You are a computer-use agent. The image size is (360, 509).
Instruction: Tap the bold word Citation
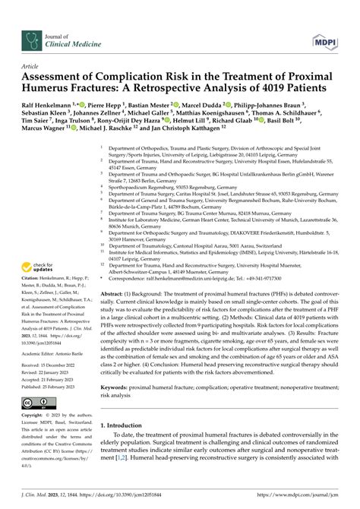click(33, 289)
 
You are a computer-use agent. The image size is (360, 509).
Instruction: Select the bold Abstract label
click(116, 292)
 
